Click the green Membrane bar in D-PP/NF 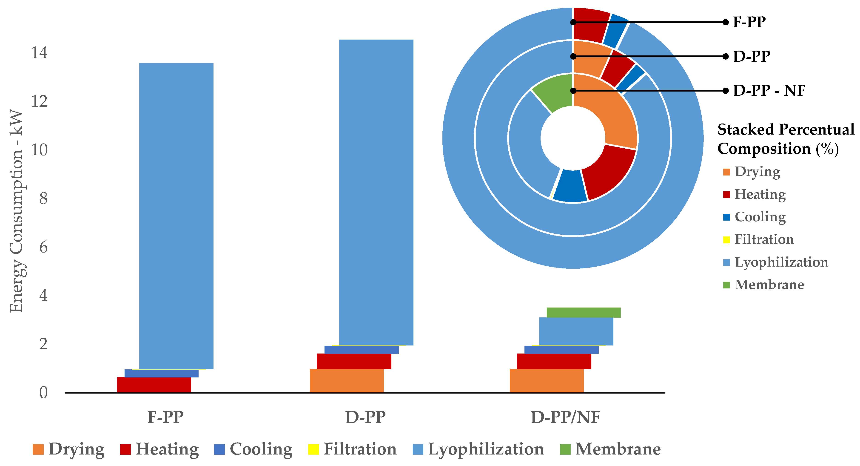(583, 312)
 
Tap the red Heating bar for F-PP (154, 385)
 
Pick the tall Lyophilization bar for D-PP (376, 192)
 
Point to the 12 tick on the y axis (39, 101)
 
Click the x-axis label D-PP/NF (565, 417)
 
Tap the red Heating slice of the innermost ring (608, 173)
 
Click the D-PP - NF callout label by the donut (769, 91)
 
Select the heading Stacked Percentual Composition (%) (785, 139)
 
